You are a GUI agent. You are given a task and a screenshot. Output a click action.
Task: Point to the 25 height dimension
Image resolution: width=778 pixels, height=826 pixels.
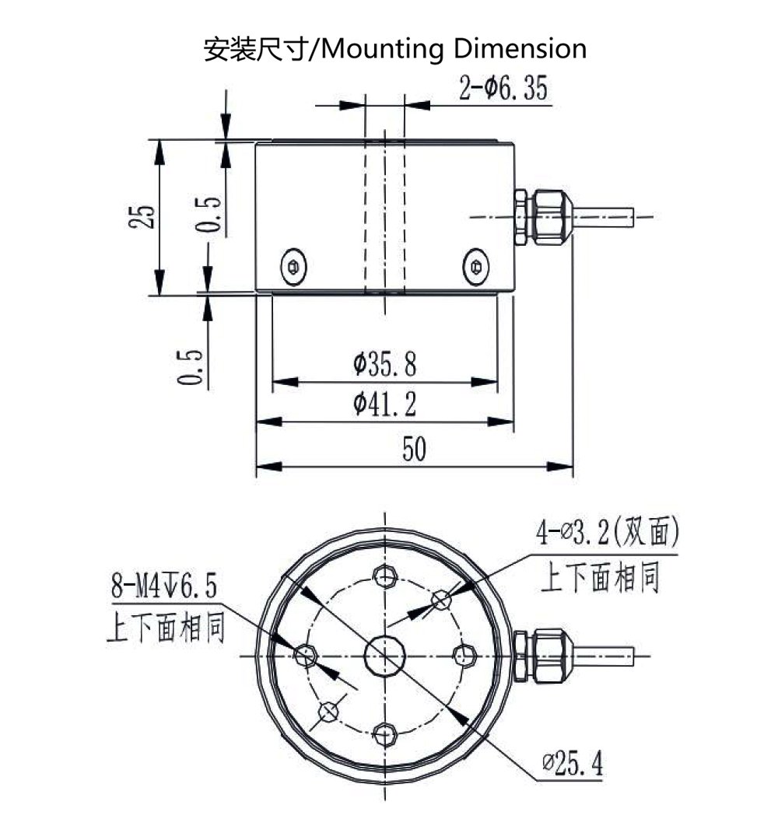[x=142, y=215]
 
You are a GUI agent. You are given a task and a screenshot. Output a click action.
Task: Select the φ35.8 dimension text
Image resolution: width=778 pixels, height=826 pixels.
[x=384, y=362]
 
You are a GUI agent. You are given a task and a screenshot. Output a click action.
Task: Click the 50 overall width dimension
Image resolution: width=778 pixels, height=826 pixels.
[x=414, y=450]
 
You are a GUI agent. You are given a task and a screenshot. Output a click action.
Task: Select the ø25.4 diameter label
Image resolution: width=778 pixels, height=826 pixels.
[x=573, y=765]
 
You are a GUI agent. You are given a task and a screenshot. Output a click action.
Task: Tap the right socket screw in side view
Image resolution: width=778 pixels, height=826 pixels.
[x=475, y=266]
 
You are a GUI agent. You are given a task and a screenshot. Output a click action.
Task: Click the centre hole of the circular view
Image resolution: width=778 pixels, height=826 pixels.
[x=385, y=656]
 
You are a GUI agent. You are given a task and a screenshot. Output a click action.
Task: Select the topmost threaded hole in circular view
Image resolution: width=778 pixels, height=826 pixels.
[x=385, y=576]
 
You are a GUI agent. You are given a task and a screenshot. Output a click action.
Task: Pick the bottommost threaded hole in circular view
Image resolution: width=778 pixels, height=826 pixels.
[x=385, y=733]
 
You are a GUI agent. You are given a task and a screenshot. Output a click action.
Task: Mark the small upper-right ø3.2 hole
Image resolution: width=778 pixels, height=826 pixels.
[x=442, y=599]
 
